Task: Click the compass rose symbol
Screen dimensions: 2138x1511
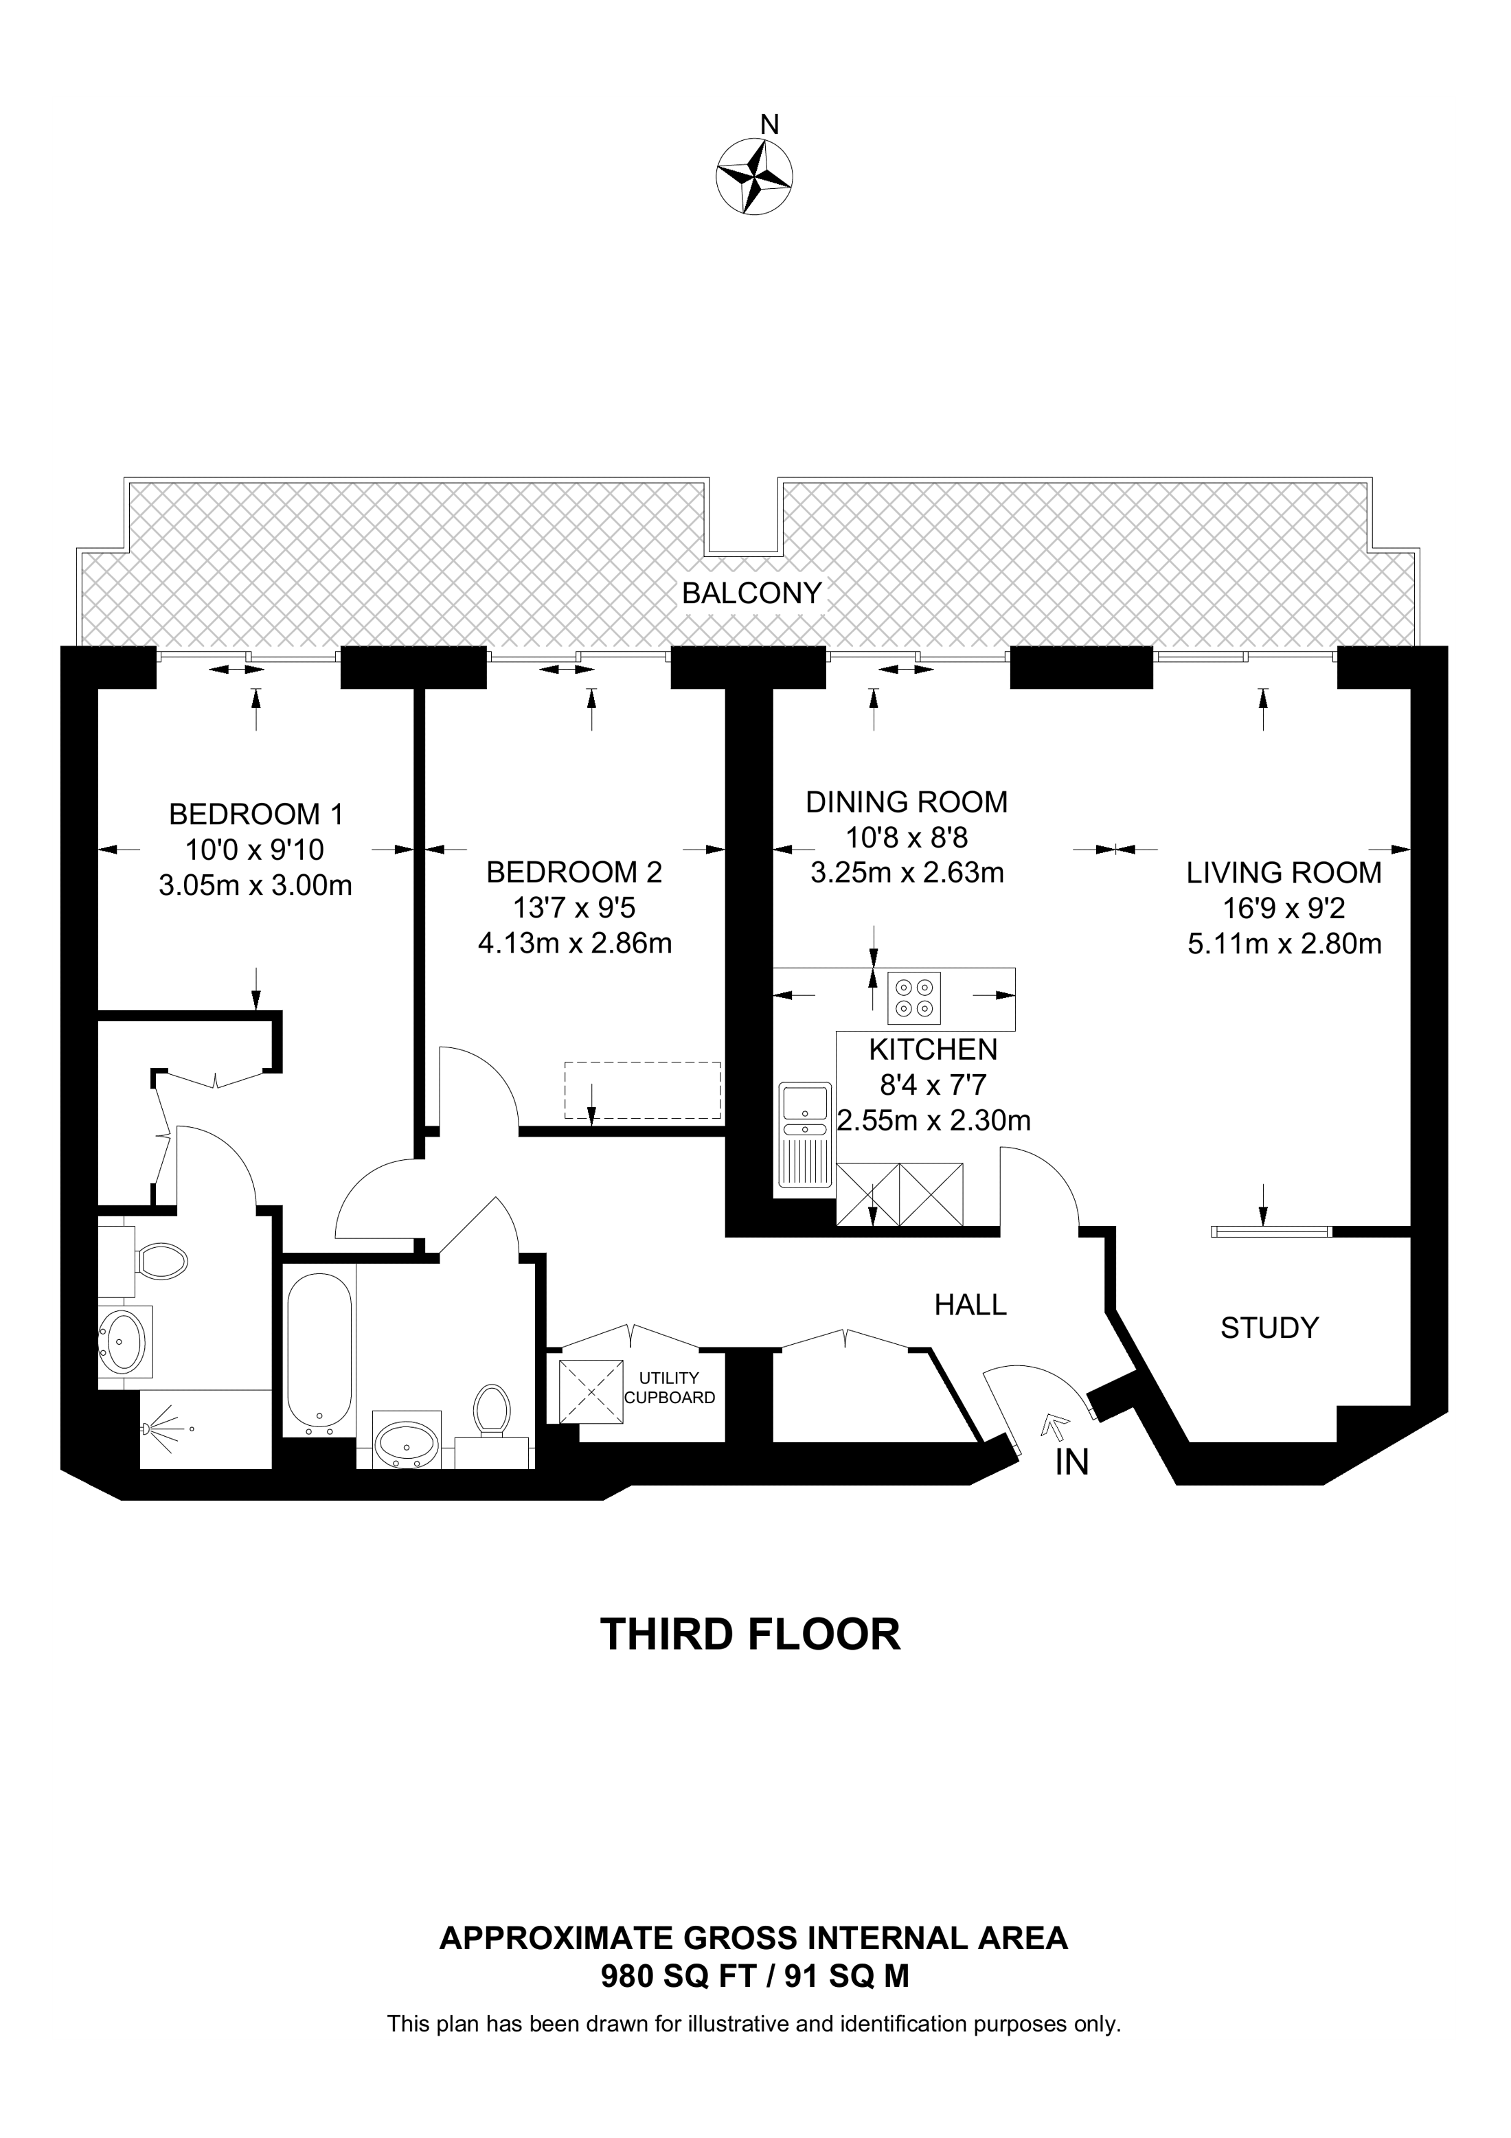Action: (754, 176)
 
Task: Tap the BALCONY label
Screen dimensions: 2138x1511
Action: (751, 593)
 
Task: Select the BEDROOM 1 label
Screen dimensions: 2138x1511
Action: (256, 814)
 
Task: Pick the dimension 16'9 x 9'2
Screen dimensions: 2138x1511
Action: (1284, 908)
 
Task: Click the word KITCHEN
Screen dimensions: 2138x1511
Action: (933, 1049)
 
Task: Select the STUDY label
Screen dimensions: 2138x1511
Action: (1270, 1328)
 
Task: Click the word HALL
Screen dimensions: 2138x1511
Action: (970, 1305)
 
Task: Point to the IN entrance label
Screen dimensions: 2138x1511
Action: (1071, 1463)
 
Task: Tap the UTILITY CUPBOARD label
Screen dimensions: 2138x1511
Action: (670, 1387)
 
